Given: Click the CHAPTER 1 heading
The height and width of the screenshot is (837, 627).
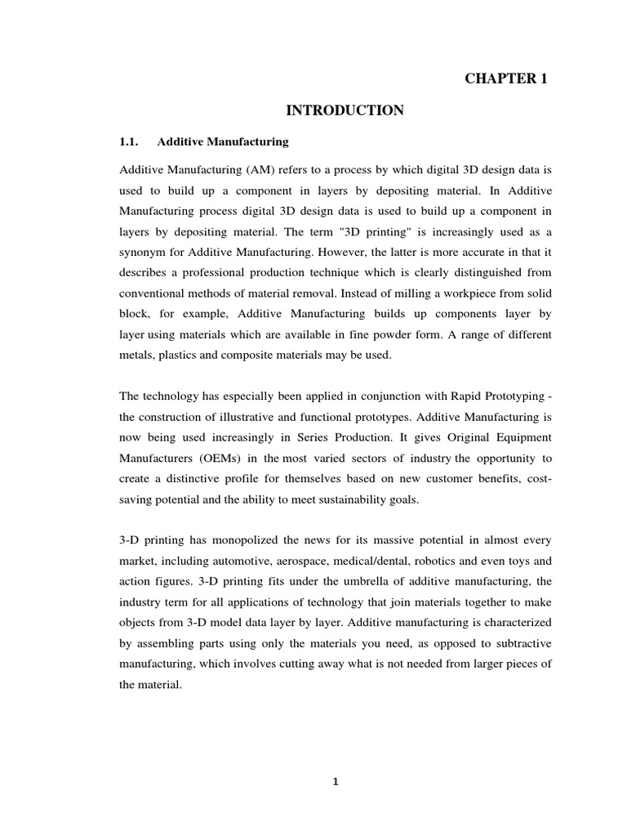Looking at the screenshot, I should pyautogui.click(x=505, y=78).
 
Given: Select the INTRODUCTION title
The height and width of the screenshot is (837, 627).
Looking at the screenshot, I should pyautogui.click(x=344, y=110).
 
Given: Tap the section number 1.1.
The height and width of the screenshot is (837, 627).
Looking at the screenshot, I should pyautogui.click(x=130, y=141).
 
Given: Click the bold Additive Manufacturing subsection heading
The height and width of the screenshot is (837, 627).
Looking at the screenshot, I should pyautogui.click(x=223, y=141).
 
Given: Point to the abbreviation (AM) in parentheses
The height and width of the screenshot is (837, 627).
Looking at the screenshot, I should pyautogui.click(x=247, y=168).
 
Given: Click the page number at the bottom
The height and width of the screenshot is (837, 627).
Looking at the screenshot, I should pyautogui.click(x=335, y=781).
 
